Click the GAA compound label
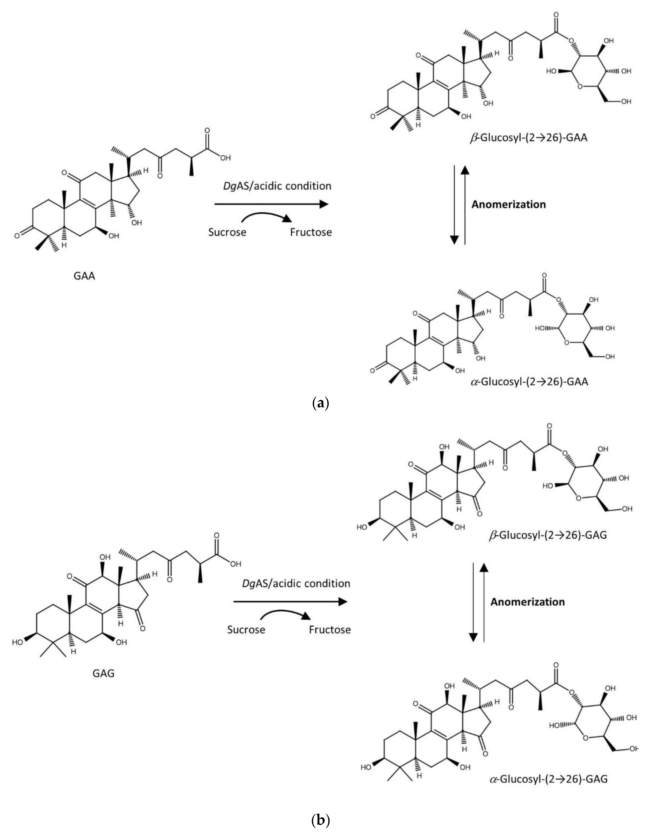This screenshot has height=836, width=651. [x=84, y=276]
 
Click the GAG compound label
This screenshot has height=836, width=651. [x=103, y=673]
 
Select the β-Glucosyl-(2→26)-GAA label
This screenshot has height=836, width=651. [x=529, y=138]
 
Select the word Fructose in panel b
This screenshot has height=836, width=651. [x=330, y=630]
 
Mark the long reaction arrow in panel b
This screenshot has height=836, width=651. [x=290, y=602]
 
